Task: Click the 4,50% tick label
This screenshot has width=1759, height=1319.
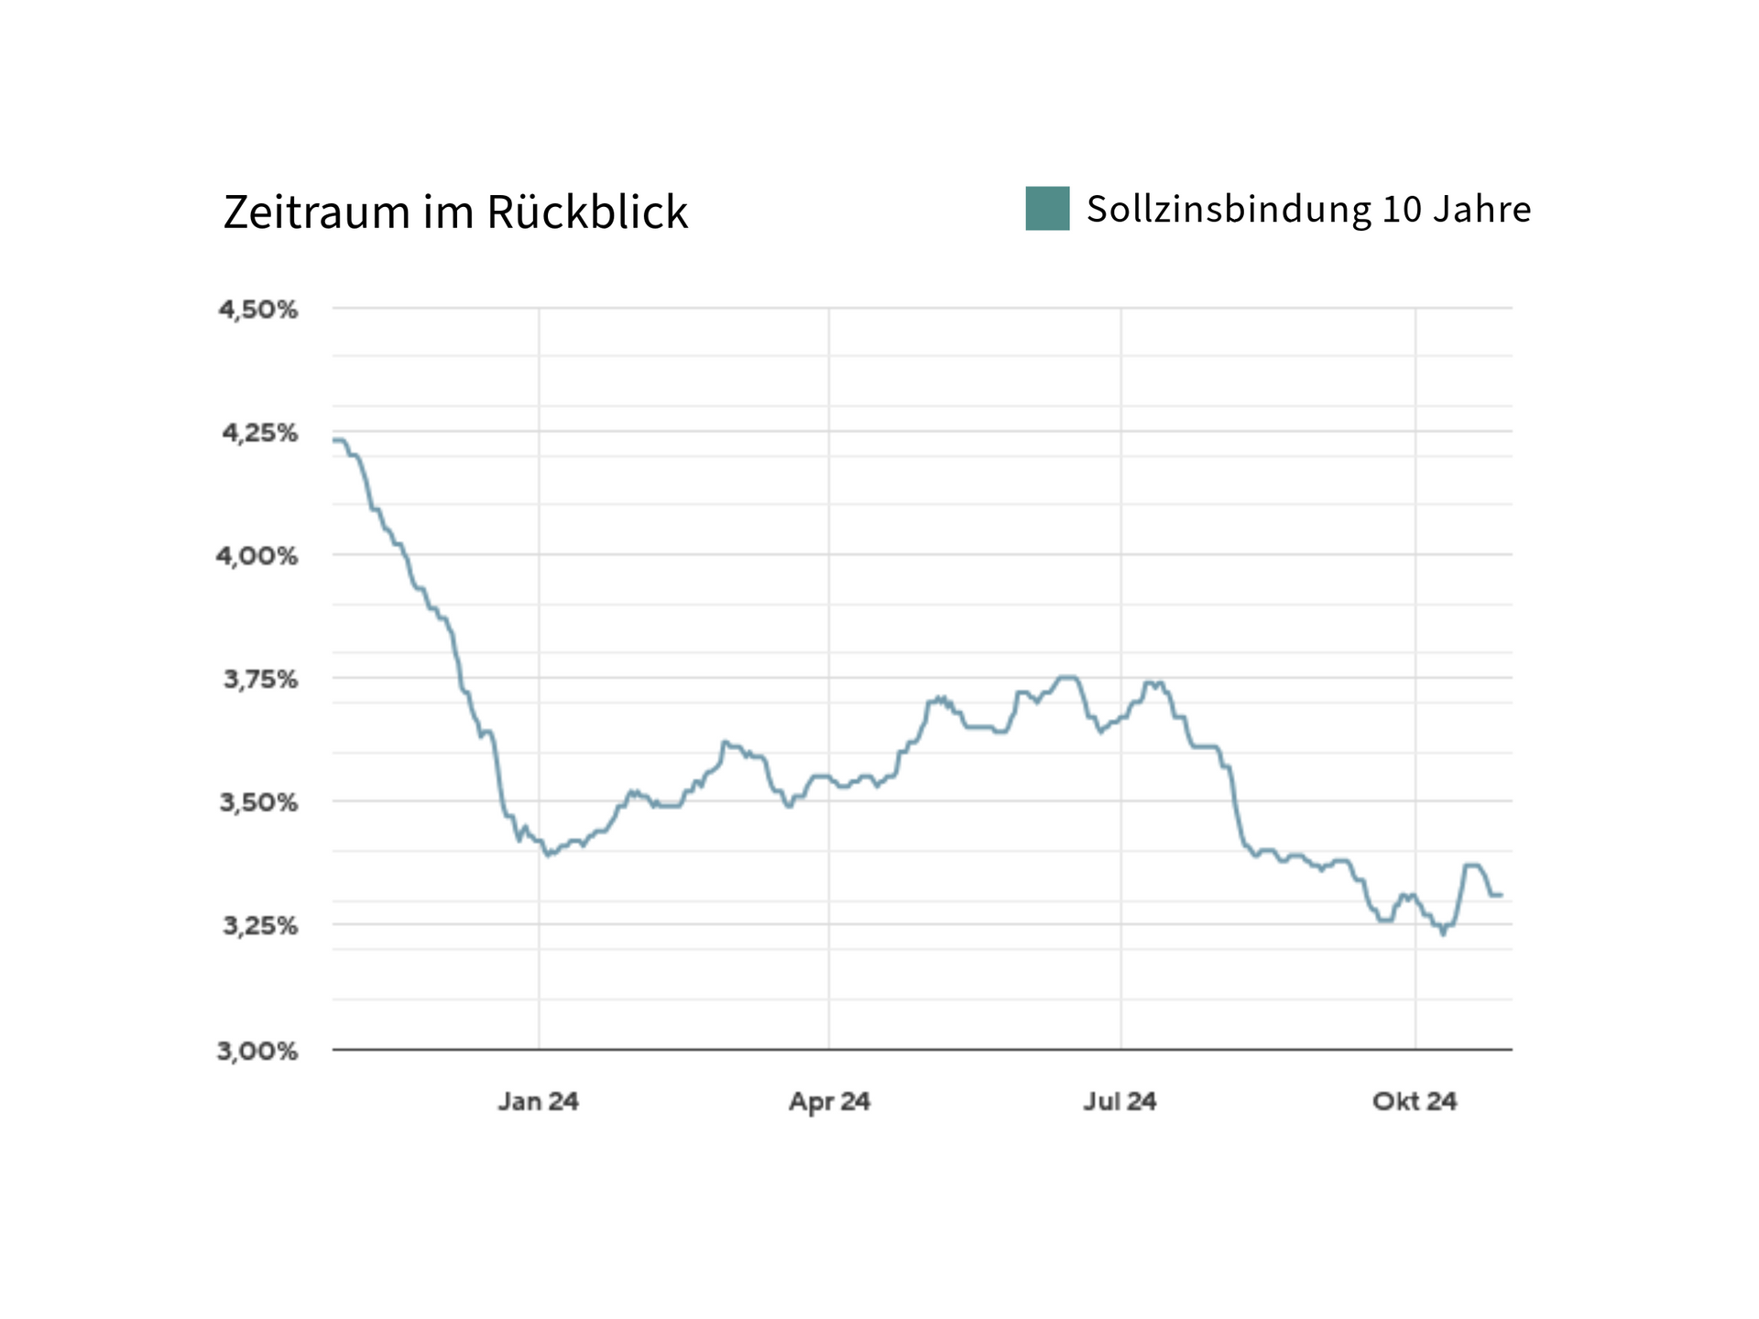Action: (x=258, y=310)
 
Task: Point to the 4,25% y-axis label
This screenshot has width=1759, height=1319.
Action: (x=260, y=432)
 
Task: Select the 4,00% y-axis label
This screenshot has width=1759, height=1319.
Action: (x=257, y=556)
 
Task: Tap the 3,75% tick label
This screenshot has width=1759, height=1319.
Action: (x=261, y=680)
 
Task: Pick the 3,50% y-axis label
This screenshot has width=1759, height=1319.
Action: (x=259, y=802)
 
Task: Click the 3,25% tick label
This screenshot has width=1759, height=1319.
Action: (x=261, y=926)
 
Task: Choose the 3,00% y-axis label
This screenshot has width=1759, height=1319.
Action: (x=257, y=1051)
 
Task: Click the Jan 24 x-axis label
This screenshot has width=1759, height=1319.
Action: (x=539, y=1101)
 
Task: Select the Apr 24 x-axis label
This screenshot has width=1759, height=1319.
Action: (x=829, y=1101)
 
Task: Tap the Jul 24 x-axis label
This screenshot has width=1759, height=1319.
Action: (x=1120, y=1101)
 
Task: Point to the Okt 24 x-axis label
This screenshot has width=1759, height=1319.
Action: (x=1415, y=1101)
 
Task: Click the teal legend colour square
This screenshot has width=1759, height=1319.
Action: (x=1047, y=209)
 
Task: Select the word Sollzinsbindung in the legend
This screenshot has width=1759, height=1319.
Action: (x=1229, y=210)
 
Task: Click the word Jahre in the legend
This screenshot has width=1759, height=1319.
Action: (x=1481, y=210)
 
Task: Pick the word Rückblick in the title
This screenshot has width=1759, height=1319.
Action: (x=586, y=213)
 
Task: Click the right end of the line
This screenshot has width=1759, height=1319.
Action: (x=1501, y=895)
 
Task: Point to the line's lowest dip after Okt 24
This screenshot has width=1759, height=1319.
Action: (x=1443, y=933)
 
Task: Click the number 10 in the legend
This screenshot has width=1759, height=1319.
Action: (x=1401, y=210)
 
